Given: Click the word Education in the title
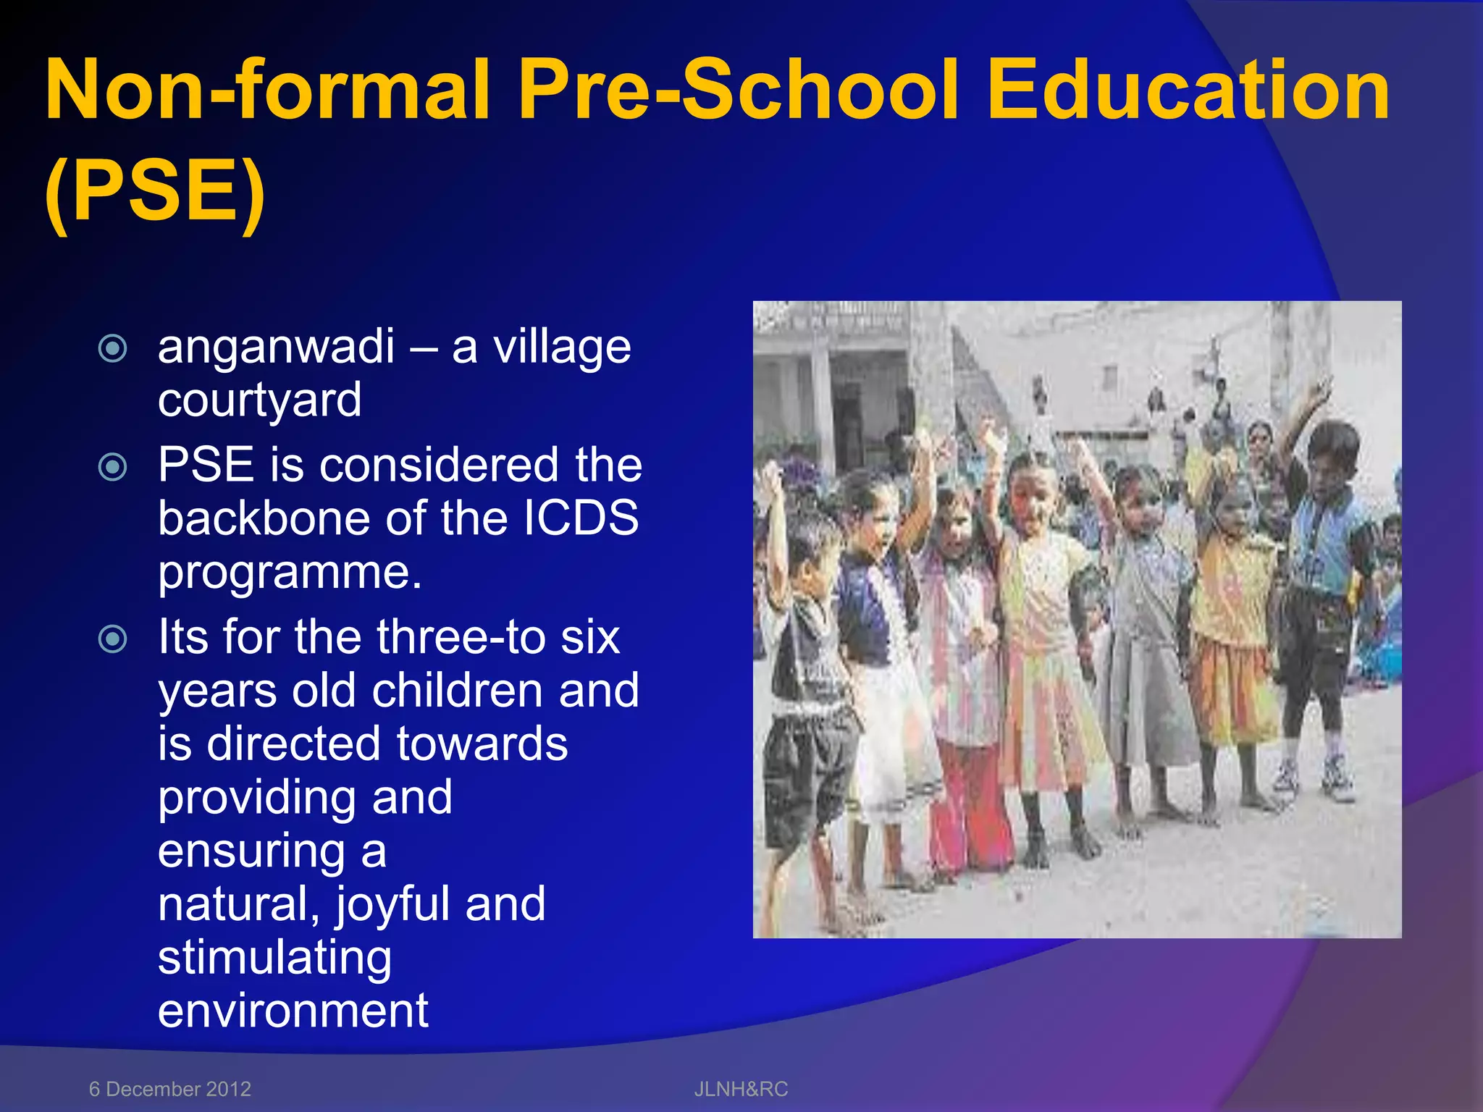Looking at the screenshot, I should pyautogui.click(x=1188, y=90).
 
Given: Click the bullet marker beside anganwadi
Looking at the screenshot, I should pyautogui.click(x=113, y=348).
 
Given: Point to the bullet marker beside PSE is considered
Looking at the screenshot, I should pyautogui.click(x=113, y=467).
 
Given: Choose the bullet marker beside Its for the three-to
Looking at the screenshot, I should pyautogui.click(x=113, y=639).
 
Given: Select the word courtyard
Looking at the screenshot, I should pyautogui.click(x=260, y=400).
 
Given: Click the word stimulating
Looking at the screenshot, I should pyautogui.click(x=275, y=958).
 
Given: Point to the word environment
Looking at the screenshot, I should pyautogui.click(x=293, y=1011).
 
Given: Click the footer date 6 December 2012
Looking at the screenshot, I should pyautogui.click(x=170, y=1089).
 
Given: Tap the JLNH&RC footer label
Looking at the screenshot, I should pyautogui.click(x=741, y=1089).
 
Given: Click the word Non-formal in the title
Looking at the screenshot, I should pyautogui.click(x=268, y=90).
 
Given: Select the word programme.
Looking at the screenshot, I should pyautogui.click(x=290, y=572).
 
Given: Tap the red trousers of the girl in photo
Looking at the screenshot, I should pyautogui.click(x=970, y=804).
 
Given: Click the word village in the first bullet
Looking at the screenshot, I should pyautogui.click(x=562, y=347).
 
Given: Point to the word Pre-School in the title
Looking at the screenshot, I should pyautogui.click(x=739, y=90).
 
